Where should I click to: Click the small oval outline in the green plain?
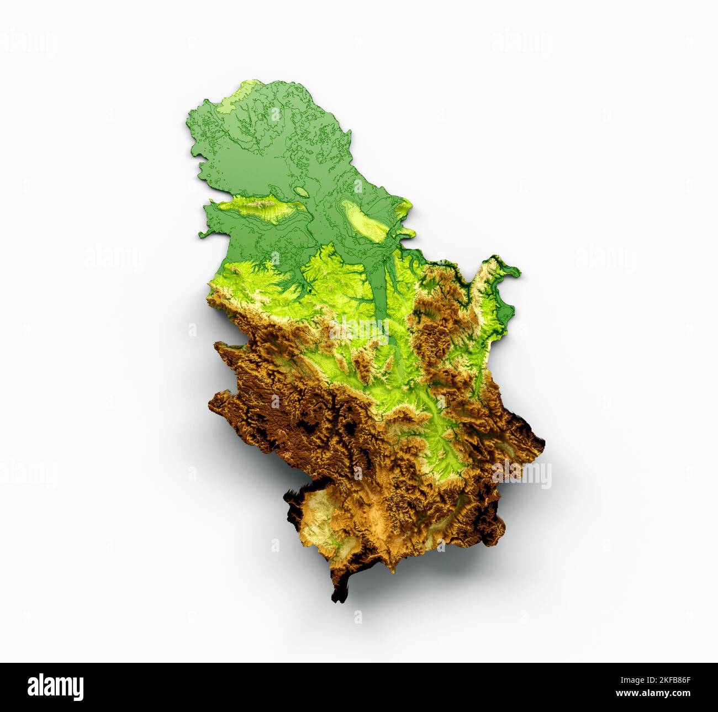coord(302,192)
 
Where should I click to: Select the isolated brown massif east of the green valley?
coord(436,331)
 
